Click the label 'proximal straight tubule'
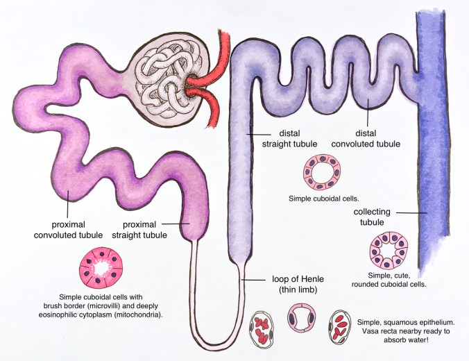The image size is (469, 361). point(145,229)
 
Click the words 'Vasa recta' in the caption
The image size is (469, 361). point(375,333)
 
